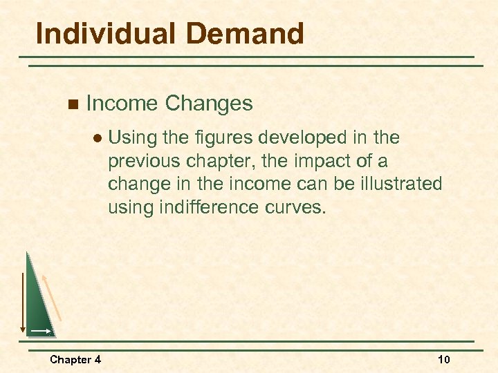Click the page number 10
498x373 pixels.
443,359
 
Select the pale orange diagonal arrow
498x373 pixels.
53,297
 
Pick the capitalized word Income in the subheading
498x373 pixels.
122,104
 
